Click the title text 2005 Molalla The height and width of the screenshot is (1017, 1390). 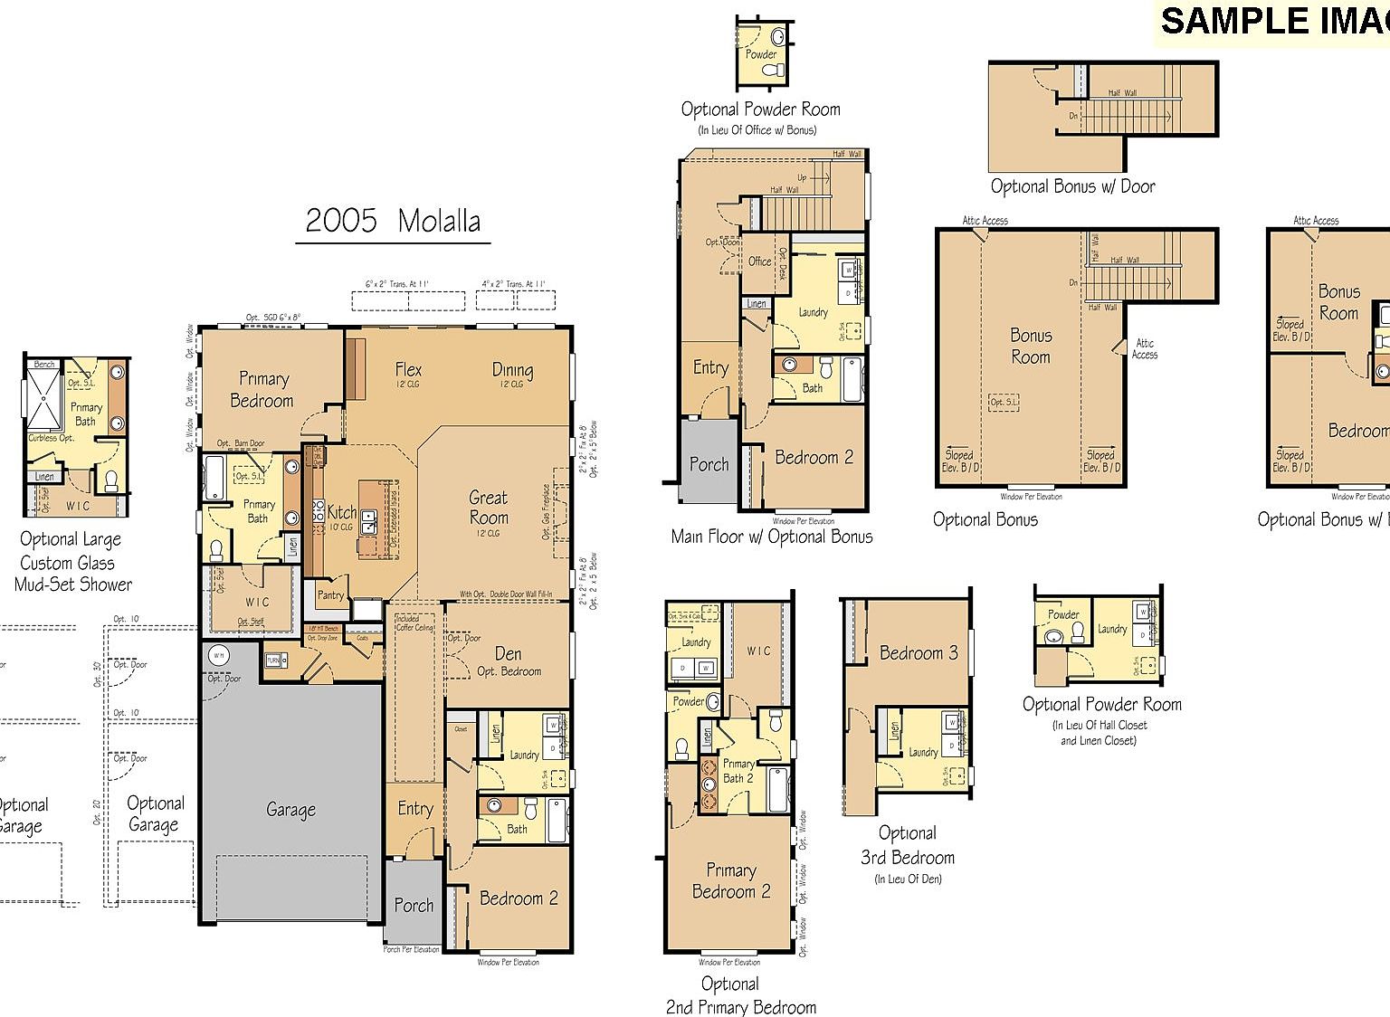[393, 221]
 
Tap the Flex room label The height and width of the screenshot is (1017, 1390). [408, 369]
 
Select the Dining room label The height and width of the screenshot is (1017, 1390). [512, 369]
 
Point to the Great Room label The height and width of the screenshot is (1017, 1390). [489, 508]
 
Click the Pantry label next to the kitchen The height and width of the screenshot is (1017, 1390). [330, 594]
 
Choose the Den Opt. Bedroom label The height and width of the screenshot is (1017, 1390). [509, 661]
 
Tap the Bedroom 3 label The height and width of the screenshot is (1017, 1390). [919, 653]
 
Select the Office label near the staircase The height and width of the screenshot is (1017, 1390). [759, 261]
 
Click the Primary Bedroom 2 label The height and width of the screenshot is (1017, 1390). [731, 880]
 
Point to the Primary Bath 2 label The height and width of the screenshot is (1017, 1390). [738, 771]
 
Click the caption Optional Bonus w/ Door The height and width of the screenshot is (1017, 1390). [1072, 186]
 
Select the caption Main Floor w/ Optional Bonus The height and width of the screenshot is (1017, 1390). [772, 537]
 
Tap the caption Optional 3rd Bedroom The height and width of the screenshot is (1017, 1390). [908, 845]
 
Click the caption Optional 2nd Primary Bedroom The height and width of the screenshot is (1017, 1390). [740, 995]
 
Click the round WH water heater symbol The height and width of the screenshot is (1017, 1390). [218, 655]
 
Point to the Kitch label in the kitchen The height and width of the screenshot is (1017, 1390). [341, 512]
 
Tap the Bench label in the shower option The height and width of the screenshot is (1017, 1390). [44, 364]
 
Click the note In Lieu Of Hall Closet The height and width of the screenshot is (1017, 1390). [1100, 725]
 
